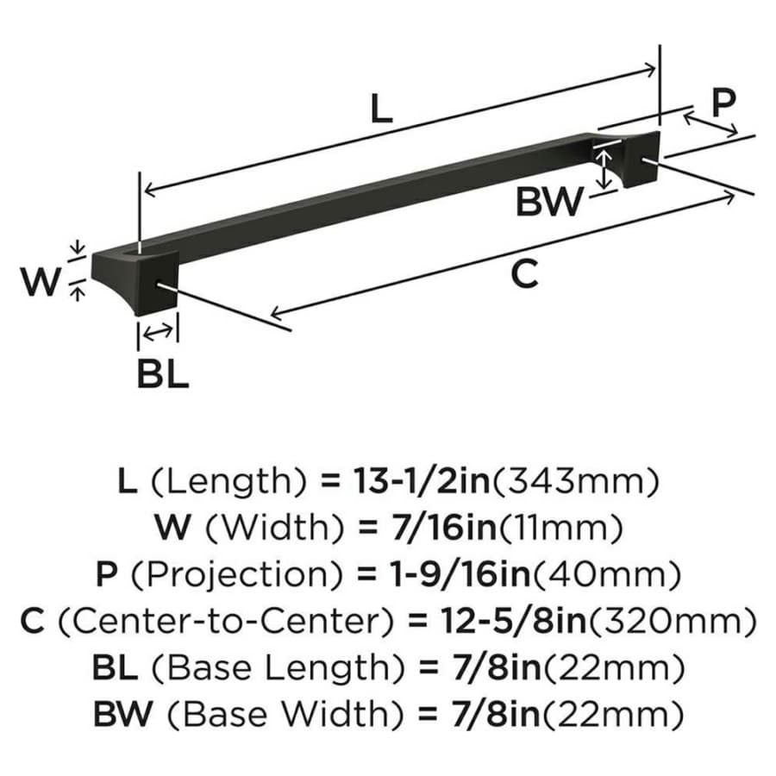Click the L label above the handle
(x=381, y=109)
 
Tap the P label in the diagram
(x=723, y=103)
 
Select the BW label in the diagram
(x=549, y=202)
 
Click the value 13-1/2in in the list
(x=421, y=480)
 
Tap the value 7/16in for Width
(x=443, y=527)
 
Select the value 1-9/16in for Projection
(x=460, y=574)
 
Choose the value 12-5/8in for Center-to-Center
(x=513, y=621)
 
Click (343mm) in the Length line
(x=575, y=481)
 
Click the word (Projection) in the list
(x=236, y=575)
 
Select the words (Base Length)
(x=278, y=668)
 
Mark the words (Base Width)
(x=285, y=715)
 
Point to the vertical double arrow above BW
(x=604, y=169)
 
